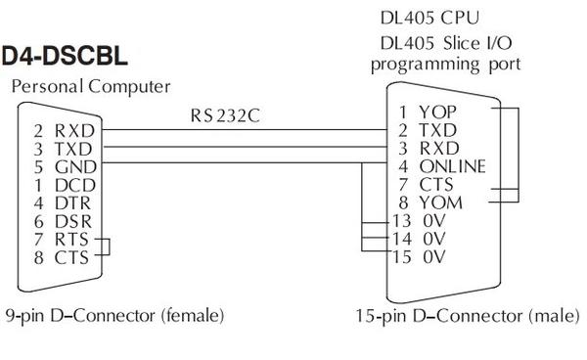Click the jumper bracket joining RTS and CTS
tap(108, 248)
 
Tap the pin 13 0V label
tap(420, 220)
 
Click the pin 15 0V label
tap(420, 257)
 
